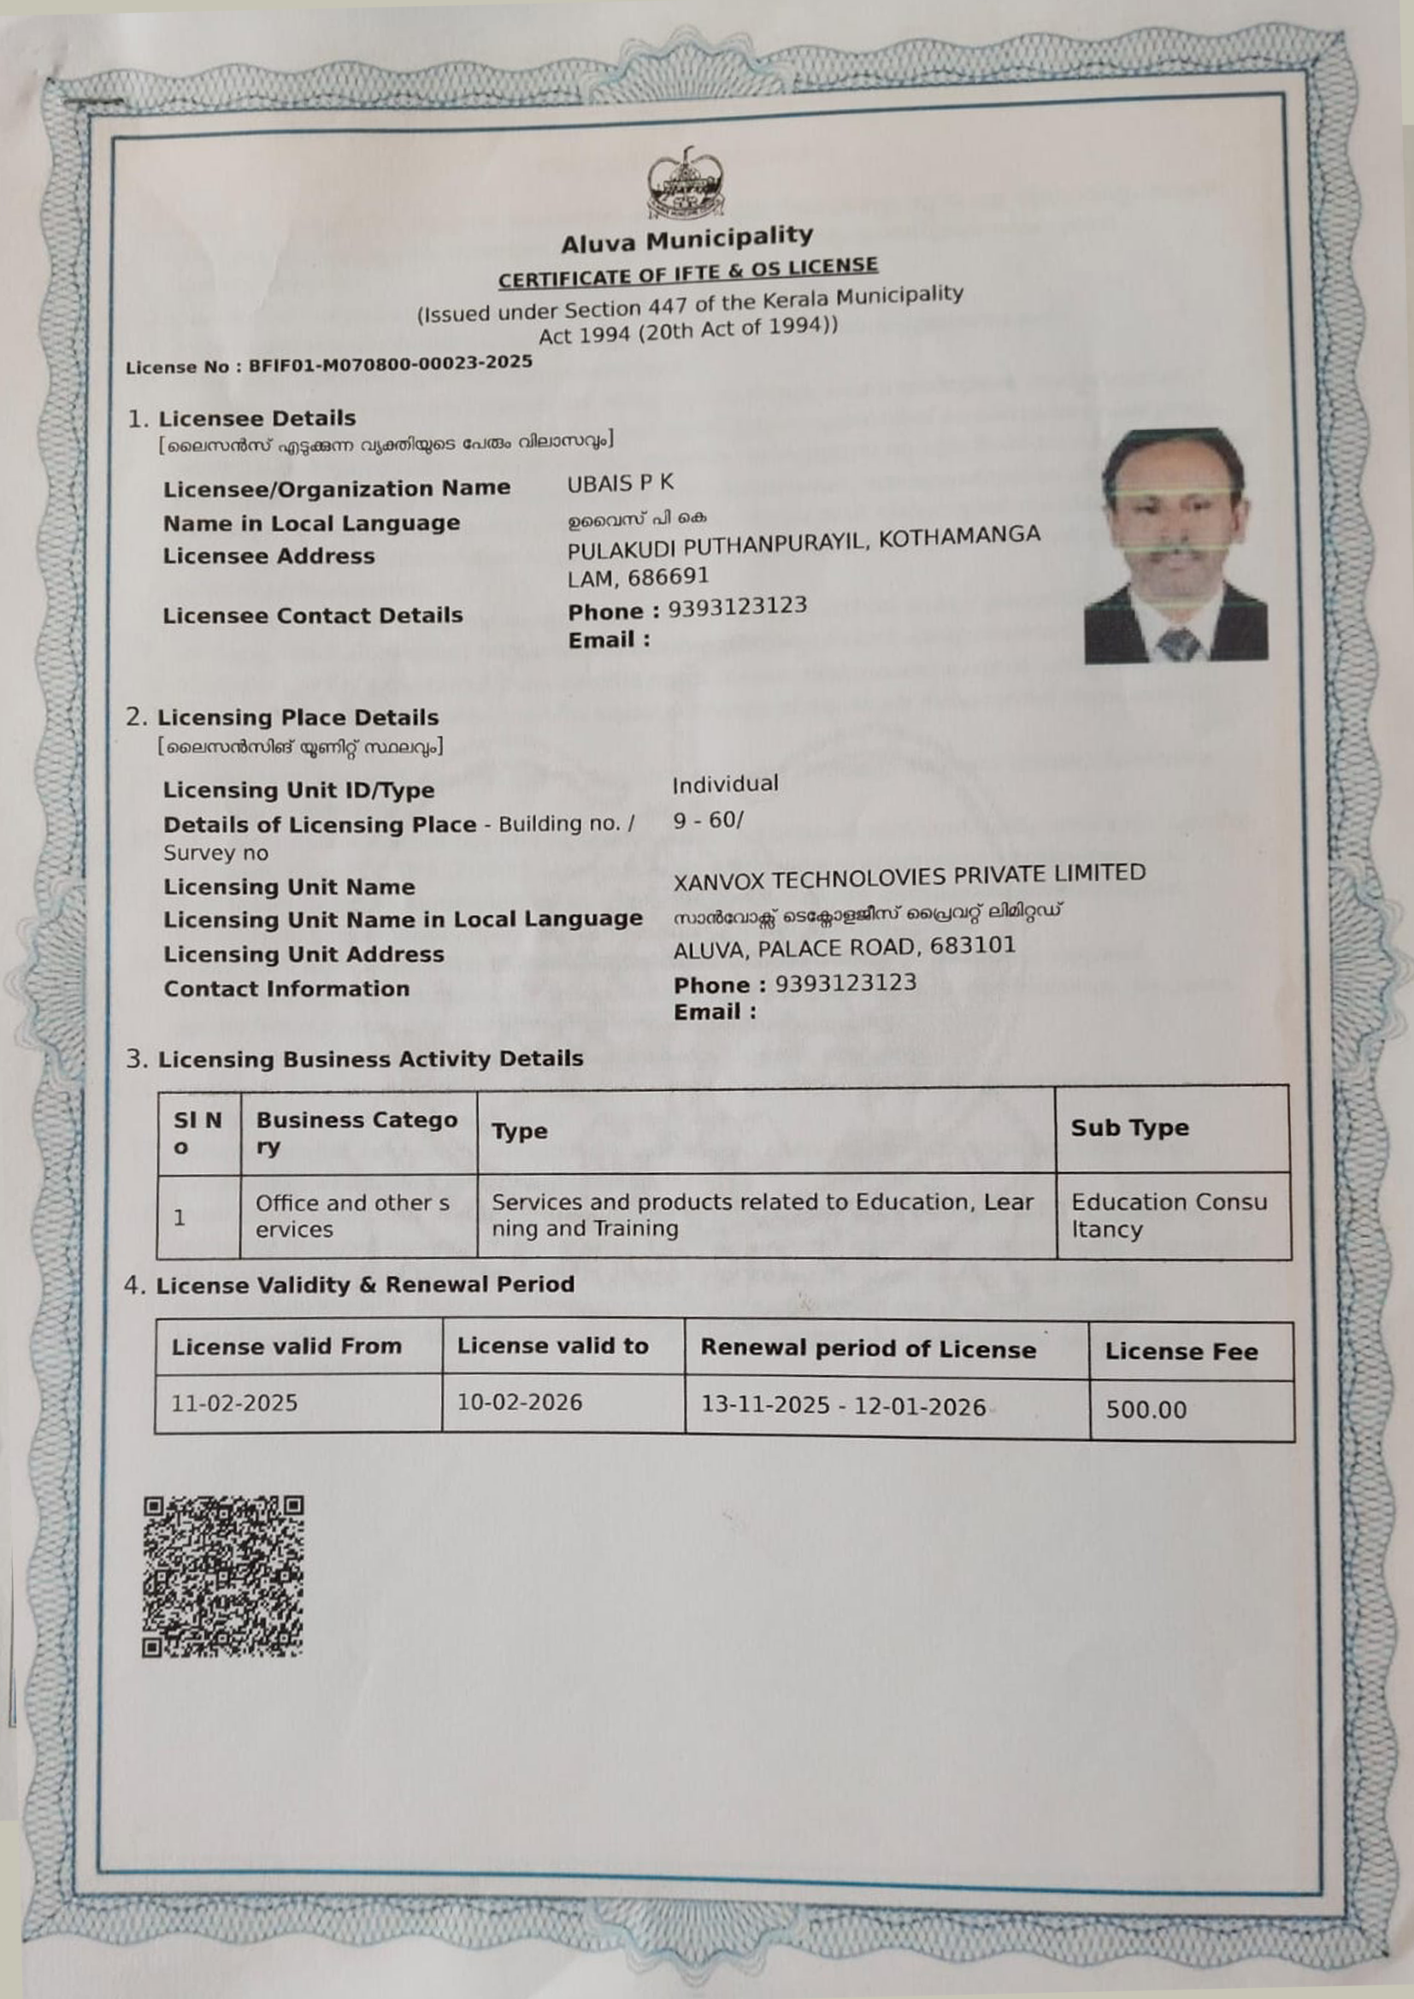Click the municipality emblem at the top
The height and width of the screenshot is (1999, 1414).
(x=686, y=182)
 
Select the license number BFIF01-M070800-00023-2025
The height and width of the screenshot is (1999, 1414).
(x=390, y=363)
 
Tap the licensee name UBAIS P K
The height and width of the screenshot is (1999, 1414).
(x=620, y=483)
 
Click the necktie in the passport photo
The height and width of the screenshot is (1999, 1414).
(x=1179, y=645)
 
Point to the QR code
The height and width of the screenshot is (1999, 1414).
(x=223, y=1575)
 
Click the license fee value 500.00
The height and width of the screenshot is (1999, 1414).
(x=1146, y=1410)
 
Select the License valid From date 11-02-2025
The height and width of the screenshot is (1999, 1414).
(x=234, y=1402)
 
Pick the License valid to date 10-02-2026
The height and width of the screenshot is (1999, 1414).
(x=520, y=1401)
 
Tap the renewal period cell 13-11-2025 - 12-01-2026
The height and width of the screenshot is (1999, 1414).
(x=843, y=1407)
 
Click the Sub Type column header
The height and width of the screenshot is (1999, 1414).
(x=1129, y=1128)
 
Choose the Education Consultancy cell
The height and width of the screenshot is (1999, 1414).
(x=1169, y=1216)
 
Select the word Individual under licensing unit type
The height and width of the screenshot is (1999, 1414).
(x=725, y=783)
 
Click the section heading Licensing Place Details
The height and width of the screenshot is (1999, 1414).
(x=297, y=717)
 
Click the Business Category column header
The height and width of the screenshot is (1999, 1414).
(x=356, y=1133)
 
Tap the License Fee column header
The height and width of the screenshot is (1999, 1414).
(x=1181, y=1351)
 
